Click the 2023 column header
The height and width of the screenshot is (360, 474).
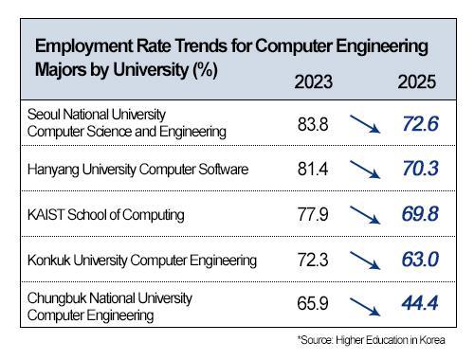314,82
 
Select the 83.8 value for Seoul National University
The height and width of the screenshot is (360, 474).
314,123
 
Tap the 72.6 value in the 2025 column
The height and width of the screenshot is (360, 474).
417,123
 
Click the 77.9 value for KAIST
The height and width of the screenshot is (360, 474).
314,214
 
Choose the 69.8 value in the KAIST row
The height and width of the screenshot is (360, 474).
417,214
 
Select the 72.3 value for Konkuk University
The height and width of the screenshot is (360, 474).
314,260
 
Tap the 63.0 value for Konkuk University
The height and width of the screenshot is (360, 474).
417,260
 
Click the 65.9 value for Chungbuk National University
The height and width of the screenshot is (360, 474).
314,305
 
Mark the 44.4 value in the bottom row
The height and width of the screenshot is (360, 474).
417,305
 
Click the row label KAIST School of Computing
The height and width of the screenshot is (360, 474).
106,215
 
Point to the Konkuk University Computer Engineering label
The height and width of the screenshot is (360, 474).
143,261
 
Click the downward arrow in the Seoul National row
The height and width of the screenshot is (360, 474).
363,124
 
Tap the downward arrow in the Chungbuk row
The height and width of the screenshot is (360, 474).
363,306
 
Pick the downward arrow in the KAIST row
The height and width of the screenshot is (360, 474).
363,215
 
